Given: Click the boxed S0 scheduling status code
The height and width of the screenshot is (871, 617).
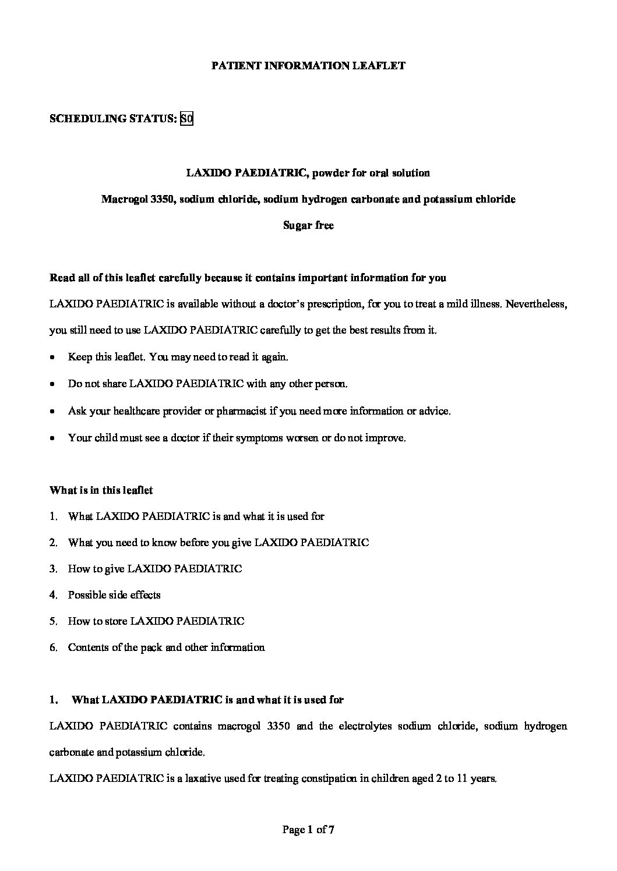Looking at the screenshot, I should (x=186, y=119).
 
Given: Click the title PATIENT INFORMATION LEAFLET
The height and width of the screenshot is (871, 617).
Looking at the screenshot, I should (x=308, y=66).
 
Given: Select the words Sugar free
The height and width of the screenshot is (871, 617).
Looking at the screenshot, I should (x=308, y=225).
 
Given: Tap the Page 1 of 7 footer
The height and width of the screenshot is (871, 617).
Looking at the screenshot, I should (x=308, y=830).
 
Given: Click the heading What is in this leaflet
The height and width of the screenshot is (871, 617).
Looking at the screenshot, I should (x=101, y=490).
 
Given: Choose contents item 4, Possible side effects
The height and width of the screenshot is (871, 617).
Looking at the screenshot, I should (x=114, y=595).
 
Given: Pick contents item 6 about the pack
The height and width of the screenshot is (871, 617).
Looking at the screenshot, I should (x=166, y=647).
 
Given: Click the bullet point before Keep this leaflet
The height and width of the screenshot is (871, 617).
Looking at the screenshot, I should (x=54, y=357).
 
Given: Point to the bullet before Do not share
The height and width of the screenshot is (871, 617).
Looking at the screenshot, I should (x=54, y=384).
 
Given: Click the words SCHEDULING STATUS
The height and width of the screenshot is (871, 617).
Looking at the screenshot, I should (x=113, y=119).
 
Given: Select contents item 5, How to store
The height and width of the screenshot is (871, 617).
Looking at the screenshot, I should (x=156, y=621).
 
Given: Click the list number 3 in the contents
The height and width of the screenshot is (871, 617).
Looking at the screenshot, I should (x=53, y=569).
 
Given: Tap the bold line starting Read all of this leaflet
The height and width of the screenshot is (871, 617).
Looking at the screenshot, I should (x=248, y=278).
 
